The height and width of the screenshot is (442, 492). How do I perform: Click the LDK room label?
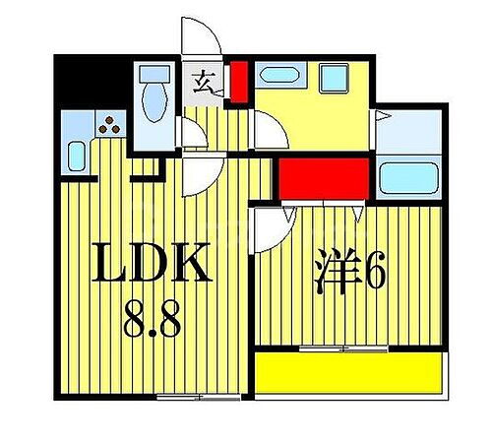pyautogui.click(x=153, y=264)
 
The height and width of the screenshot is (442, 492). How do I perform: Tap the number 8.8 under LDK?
pyautogui.click(x=153, y=319)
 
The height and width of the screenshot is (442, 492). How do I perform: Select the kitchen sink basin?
pyautogui.click(x=77, y=157)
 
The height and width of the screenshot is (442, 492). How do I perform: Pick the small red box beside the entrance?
pyautogui.click(x=239, y=82)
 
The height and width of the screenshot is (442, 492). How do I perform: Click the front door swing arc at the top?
pyautogui.click(x=200, y=37)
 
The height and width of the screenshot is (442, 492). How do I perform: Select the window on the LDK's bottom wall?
pyautogui.click(x=185, y=396)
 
